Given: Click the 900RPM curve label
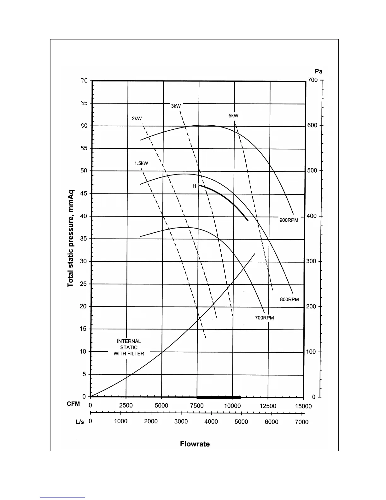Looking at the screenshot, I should [289, 220].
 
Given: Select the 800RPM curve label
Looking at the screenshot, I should [289, 299].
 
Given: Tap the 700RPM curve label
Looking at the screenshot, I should [264, 318].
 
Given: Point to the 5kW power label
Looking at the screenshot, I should [233, 116].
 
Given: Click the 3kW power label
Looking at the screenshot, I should [176, 106].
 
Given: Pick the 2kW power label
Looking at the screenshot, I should [137, 119].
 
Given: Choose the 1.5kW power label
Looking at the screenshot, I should [141, 164].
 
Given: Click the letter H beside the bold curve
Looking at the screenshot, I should [194, 186].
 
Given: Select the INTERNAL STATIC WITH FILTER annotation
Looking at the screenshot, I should [129, 348].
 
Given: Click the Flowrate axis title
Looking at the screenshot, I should [195, 444].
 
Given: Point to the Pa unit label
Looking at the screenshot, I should [319, 71].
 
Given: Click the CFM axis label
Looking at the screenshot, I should [73, 404].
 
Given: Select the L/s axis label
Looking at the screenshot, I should [80, 422].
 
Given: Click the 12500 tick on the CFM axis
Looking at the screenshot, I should [268, 406].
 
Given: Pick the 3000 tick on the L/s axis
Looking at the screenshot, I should [181, 422].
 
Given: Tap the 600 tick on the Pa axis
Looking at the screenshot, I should [312, 125].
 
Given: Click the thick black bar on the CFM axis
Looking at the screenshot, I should [219, 397].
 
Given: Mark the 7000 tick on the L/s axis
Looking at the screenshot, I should [301, 422].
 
